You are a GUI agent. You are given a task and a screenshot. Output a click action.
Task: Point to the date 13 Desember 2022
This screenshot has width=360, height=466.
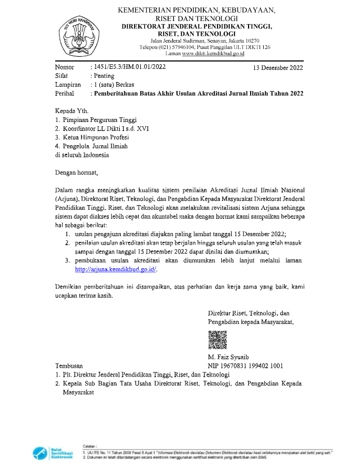[x=277, y=68]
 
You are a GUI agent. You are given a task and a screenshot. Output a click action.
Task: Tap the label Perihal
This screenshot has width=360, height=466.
[x=65, y=93]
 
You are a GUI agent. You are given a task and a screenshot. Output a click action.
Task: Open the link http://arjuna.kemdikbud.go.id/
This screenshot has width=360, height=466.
[x=116, y=269]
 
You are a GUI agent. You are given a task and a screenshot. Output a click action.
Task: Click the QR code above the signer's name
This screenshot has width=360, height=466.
[x=218, y=340]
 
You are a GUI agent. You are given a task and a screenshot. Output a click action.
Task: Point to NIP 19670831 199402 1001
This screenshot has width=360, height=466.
[x=245, y=366]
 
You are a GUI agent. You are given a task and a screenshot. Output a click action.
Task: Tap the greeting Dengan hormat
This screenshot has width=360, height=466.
[x=77, y=172]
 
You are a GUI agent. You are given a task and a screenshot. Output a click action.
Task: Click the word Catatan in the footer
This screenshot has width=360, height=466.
[x=91, y=445]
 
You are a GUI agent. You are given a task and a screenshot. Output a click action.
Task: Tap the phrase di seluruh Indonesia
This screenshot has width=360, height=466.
[x=83, y=155]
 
